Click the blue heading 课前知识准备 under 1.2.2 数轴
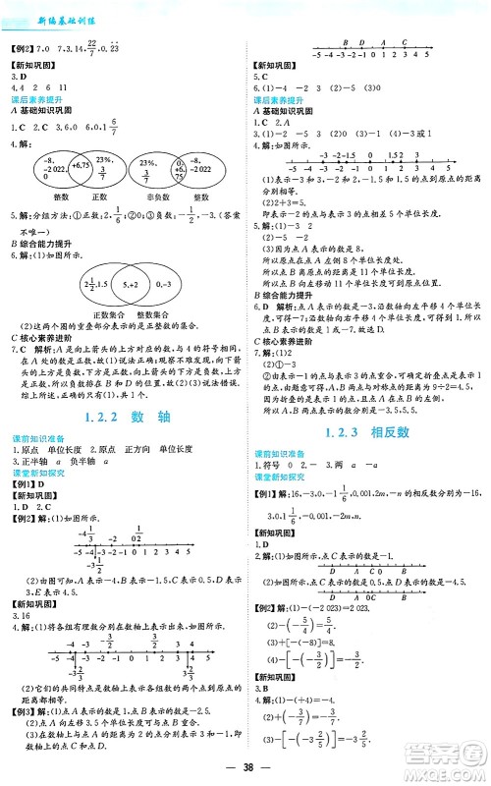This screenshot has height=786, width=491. point(36,436)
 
